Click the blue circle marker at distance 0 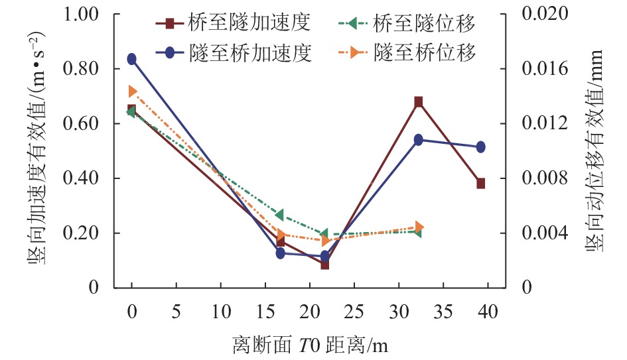pos(132,59)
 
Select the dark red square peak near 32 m pos(419,101)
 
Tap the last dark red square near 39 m pos(480,183)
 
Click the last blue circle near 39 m pos(480,147)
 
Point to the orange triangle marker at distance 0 pos(132,91)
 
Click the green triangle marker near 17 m pos(280,215)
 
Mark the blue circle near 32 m pos(419,140)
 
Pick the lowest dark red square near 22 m pos(325,265)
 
